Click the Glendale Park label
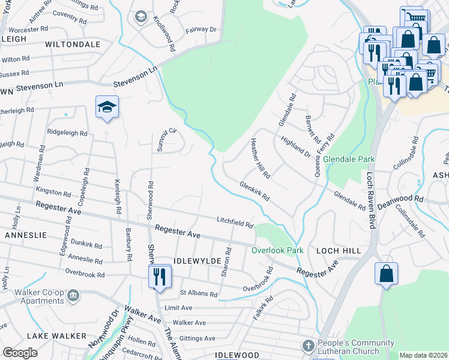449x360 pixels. [x=349, y=160]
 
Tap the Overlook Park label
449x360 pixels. [x=277, y=250]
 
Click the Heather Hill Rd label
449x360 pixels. [x=261, y=158]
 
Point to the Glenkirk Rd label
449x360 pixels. [x=255, y=191]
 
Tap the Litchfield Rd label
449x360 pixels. [x=235, y=223]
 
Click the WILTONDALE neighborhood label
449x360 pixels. [x=72, y=44]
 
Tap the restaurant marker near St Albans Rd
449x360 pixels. [x=160, y=276]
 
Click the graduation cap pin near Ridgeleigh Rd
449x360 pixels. [x=107, y=107]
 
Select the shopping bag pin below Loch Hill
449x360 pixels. [x=386, y=273]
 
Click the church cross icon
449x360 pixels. [x=308, y=346]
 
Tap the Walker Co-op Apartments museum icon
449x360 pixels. [x=73, y=295]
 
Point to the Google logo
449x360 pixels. [x=20, y=353]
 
